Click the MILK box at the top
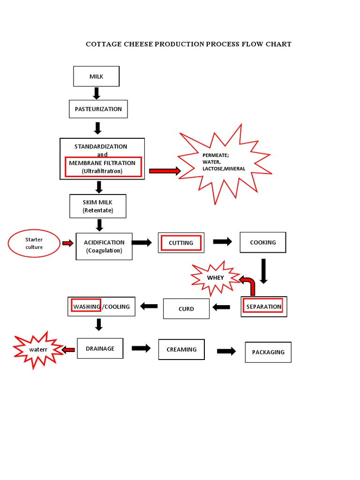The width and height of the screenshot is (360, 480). click(96, 76)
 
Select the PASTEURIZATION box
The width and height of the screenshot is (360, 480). click(98, 109)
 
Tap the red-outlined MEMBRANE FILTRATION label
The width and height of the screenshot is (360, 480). click(103, 167)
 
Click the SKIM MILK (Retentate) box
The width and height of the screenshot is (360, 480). click(97, 206)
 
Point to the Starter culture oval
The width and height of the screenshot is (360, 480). click(34, 243)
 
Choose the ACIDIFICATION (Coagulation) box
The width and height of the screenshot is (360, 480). click(104, 246)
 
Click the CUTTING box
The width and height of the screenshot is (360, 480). click(181, 243)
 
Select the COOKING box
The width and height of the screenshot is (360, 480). click(262, 242)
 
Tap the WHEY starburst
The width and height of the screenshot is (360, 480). click(215, 278)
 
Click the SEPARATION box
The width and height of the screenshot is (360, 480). click(263, 307)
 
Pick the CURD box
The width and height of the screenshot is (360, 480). click(186, 309)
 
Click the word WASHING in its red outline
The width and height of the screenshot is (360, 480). click(86, 307)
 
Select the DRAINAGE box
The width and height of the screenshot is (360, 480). click(100, 348)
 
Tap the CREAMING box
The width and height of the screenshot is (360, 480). click(181, 349)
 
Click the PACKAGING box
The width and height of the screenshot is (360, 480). click(268, 352)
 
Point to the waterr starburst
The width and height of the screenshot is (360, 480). click(38, 350)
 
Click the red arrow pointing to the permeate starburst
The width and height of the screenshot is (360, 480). click(165, 171)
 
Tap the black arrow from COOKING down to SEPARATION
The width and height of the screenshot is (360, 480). click(263, 271)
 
